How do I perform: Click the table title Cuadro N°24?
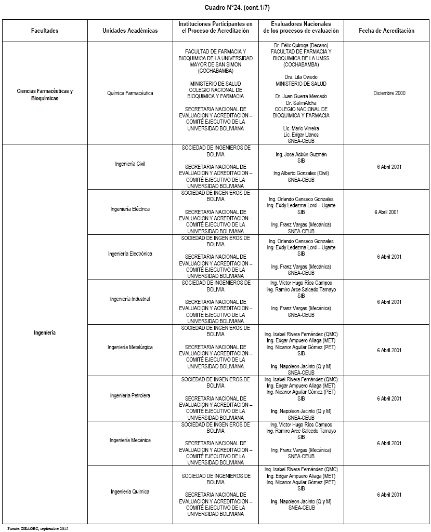pos(215,8)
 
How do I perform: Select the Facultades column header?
pos(45,31)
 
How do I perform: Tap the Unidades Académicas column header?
pos(130,31)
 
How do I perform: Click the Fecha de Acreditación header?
pos(386,31)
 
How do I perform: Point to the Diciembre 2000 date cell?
pos(389,94)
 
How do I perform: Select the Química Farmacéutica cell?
pos(130,94)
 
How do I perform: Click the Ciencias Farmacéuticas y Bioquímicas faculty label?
pos(45,95)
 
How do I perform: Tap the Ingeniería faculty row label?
pos(45,332)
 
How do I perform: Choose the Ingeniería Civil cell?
pos(130,164)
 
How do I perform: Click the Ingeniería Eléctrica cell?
pos(130,209)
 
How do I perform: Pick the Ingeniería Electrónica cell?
pos(130,254)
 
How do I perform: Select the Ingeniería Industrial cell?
pos(130,299)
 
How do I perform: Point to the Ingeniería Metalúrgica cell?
pos(130,347)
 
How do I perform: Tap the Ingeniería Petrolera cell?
pos(130,395)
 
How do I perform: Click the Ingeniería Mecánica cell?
pos(130,441)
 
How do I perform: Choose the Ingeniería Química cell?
pos(130,491)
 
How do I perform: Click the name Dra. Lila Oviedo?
pos(301,77)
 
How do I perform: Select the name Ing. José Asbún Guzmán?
pos(301,154)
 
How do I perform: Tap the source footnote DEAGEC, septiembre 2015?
pos(34,528)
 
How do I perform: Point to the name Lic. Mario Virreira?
pos(301,128)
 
